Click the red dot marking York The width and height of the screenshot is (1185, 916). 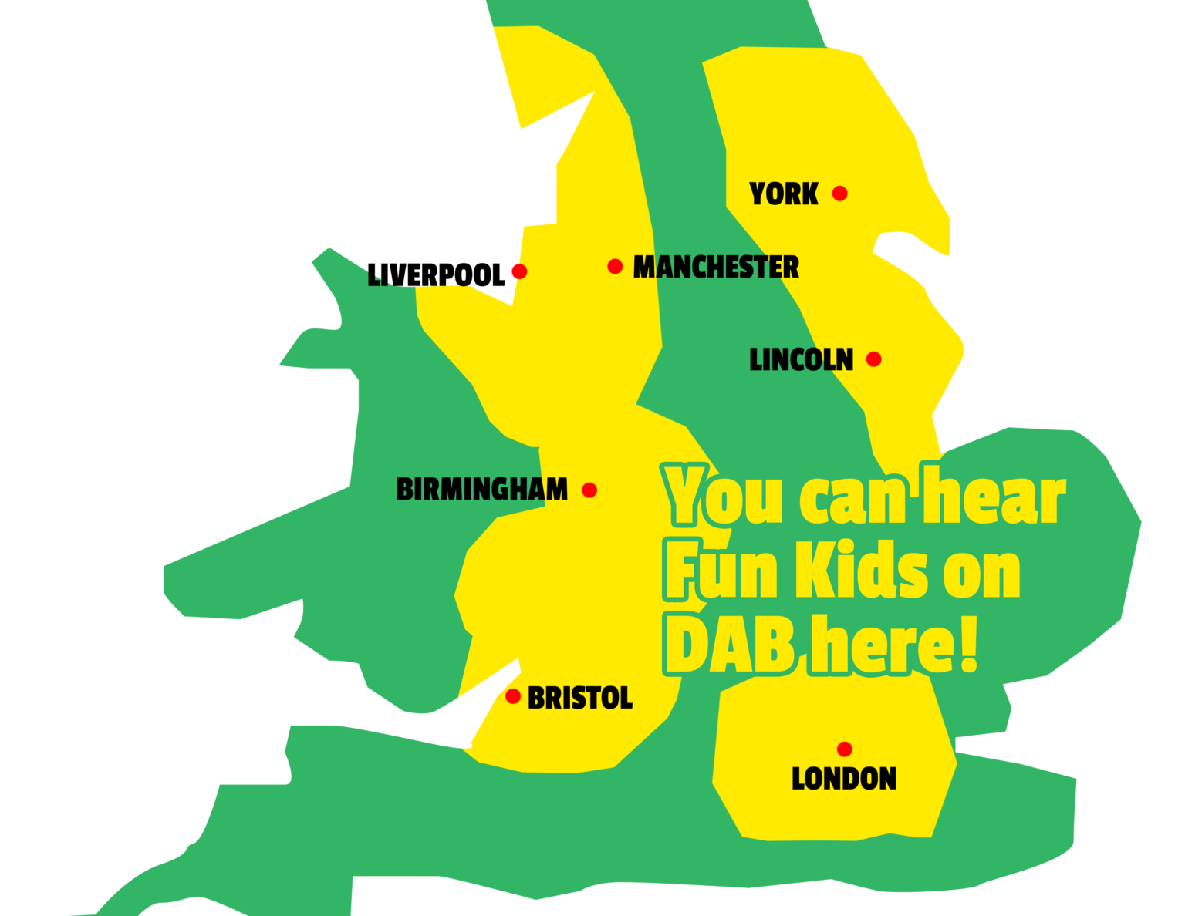[x=839, y=194]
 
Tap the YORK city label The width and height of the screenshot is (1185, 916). [x=784, y=194]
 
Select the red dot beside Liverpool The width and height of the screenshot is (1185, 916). [x=519, y=271]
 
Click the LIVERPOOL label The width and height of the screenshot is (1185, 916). [x=436, y=275]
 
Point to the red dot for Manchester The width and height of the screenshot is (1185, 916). [x=615, y=266]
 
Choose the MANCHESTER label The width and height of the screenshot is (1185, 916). [x=716, y=268]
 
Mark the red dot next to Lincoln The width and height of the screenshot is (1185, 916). [x=873, y=359]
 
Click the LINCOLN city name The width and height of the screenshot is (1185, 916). [x=802, y=360]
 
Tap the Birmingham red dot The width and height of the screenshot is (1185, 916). [x=589, y=490]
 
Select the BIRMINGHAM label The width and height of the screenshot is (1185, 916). [x=482, y=490]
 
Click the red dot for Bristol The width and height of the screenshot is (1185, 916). [x=513, y=696]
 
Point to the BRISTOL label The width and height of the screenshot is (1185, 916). [x=580, y=699]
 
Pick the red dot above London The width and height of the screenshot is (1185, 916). [x=845, y=749]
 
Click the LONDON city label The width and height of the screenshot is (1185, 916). [x=844, y=779]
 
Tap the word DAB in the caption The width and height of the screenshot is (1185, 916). [x=730, y=645]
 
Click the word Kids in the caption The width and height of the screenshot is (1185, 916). [x=862, y=571]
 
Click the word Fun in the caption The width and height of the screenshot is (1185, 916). [x=722, y=571]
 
